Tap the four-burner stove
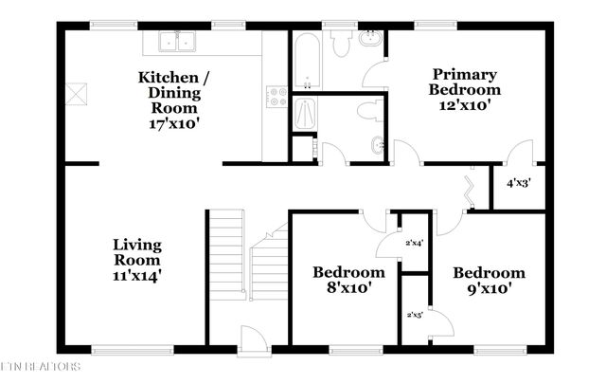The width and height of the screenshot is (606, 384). point(277,97)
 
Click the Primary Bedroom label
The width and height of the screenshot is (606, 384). point(465,82)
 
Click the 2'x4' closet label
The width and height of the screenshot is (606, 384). point(414,243)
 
